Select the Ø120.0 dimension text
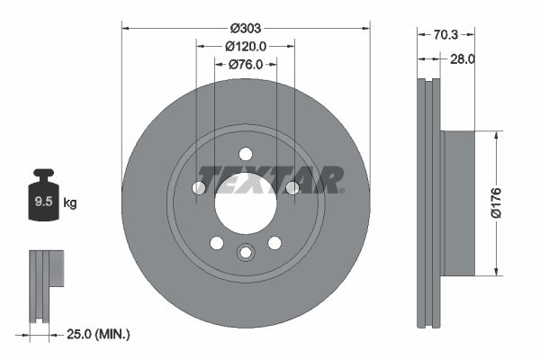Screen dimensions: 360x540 (x=246, y=46)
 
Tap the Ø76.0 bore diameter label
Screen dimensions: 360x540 (x=245, y=64)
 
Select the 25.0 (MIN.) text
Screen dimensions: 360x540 (x=99, y=334)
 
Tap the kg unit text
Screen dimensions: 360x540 (x=70, y=202)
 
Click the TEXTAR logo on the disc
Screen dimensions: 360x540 (x=270, y=179)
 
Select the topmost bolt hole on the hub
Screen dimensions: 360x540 (x=246, y=153)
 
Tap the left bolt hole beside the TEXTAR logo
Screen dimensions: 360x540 (x=199, y=187)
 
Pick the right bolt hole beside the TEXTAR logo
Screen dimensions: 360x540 (x=292, y=187)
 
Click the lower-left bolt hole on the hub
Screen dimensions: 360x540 (x=216, y=242)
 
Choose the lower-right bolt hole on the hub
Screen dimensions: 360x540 (x=274, y=242)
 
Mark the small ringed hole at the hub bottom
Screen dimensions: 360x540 (x=246, y=253)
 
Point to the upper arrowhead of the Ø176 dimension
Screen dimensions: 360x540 (x=496, y=135)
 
